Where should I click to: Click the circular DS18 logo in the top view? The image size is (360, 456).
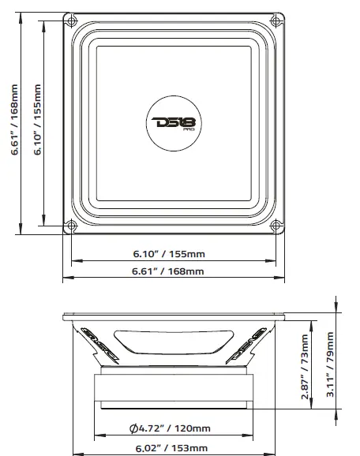174,122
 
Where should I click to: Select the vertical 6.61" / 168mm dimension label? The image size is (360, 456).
15,121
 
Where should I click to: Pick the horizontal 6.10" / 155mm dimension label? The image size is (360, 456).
173,253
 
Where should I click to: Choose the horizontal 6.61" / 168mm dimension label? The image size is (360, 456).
173,271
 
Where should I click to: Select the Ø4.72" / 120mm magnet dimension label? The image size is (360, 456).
173,428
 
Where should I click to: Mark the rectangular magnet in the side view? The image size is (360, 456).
174,389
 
